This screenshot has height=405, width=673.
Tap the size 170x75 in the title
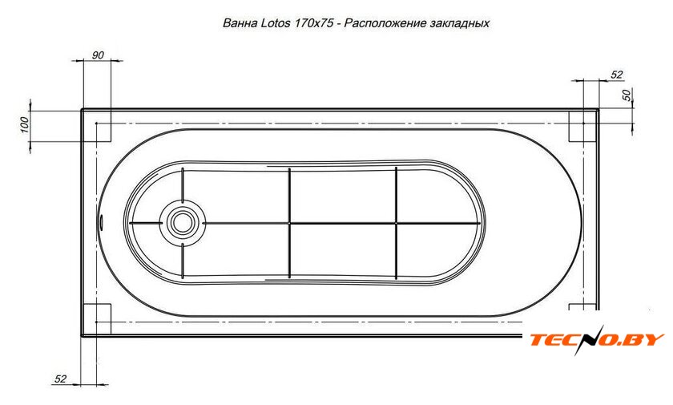tap(314, 22)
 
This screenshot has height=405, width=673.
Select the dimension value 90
tap(98, 55)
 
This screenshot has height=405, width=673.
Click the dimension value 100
tap(25, 124)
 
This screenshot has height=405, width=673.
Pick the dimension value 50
tap(627, 95)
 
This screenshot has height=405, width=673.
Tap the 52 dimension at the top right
tap(616, 75)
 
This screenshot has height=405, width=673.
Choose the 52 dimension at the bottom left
tap(61, 379)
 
